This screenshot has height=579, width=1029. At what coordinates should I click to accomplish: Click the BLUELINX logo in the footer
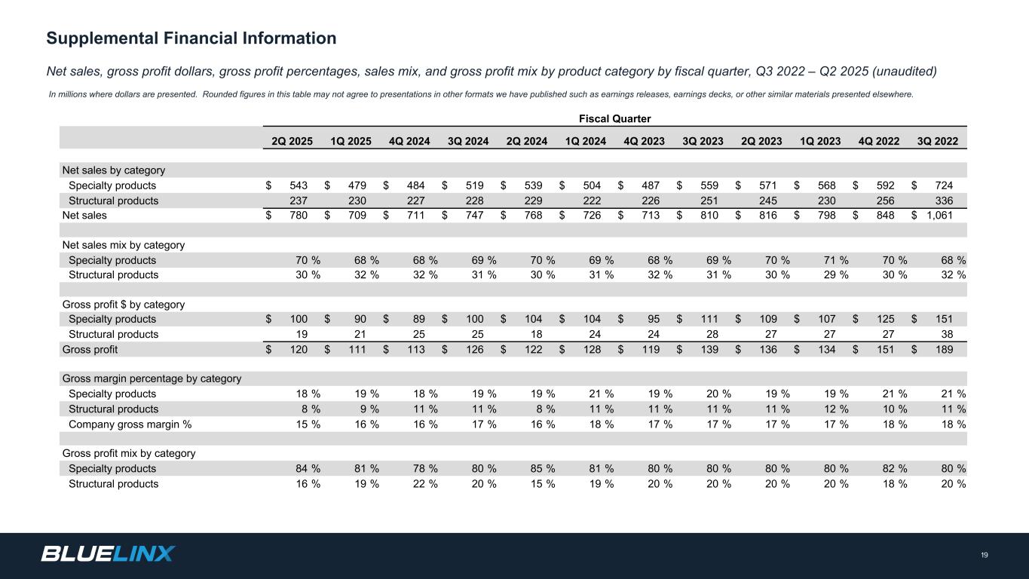108,554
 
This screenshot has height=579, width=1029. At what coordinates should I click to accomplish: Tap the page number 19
985,556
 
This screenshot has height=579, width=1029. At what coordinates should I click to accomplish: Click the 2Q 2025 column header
292,141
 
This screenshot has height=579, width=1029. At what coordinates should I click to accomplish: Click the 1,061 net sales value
939,216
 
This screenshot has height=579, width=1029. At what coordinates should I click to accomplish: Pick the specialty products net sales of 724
944,185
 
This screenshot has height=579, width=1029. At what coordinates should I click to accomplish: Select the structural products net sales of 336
944,201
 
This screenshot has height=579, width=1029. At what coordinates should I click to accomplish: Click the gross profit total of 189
944,350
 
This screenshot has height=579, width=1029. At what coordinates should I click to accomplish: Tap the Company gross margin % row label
130,424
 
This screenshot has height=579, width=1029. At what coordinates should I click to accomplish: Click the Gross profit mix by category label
128,454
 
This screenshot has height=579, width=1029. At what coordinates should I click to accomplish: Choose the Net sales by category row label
113,170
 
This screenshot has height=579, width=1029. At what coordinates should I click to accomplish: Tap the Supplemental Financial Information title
191,38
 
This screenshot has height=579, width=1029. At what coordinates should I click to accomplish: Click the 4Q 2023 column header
645,141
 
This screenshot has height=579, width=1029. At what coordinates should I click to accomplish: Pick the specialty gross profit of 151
944,320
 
